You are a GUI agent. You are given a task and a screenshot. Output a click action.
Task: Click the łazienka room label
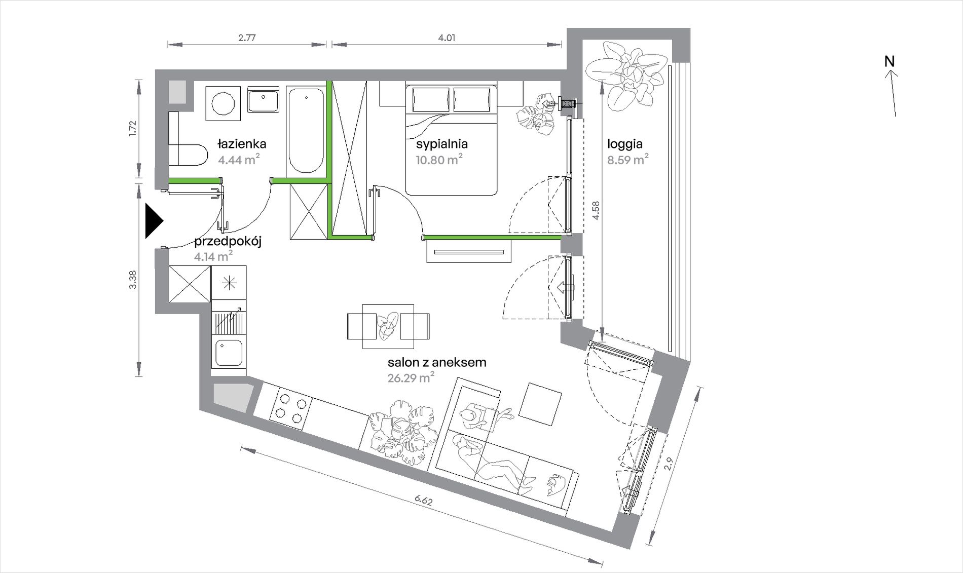[242, 144]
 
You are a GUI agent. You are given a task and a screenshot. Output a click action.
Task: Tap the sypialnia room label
[441, 144]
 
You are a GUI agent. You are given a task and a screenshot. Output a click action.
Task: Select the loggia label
[625, 144]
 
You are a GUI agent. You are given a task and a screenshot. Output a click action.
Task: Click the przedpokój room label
[228, 242]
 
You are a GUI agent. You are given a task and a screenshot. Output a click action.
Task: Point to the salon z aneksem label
[437, 362]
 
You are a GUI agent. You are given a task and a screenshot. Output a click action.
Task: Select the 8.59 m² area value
[628, 160]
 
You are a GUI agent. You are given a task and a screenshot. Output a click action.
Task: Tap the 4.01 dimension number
[447, 37]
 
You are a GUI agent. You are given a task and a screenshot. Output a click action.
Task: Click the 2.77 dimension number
[247, 37]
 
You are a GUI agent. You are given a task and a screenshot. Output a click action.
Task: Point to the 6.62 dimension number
[424, 501]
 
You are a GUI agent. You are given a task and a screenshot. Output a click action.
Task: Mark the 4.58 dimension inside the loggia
[596, 210]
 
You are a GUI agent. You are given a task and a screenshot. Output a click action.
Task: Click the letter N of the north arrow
[890, 61]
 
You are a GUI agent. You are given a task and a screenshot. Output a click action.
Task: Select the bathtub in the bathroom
[306, 130]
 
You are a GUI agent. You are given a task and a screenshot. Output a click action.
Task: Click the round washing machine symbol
[224, 104]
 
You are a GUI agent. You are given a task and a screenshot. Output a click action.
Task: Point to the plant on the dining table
[388, 326]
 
